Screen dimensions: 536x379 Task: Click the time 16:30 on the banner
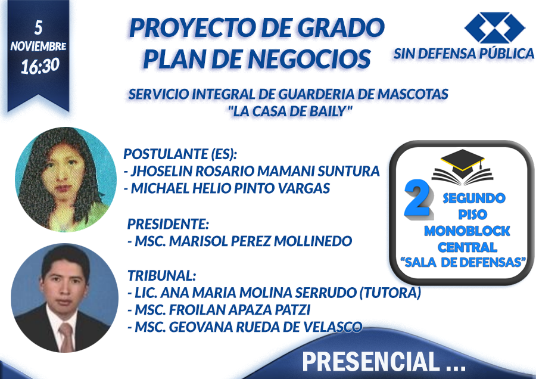(x=40, y=66)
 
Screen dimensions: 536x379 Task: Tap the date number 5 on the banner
(x=38, y=27)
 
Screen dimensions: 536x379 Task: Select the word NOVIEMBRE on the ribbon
(x=38, y=46)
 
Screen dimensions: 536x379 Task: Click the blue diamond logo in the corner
(x=494, y=27)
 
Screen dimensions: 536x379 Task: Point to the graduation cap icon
(x=463, y=167)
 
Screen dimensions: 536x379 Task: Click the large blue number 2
(x=418, y=198)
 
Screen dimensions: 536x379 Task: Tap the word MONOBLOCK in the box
(x=467, y=231)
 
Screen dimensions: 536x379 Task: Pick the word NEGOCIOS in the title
(x=310, y=58)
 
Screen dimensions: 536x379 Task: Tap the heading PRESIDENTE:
(x=168, y=224)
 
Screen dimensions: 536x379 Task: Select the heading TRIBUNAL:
(x=161, y=275)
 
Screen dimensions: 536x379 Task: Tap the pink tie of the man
(x=66, y=337)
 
